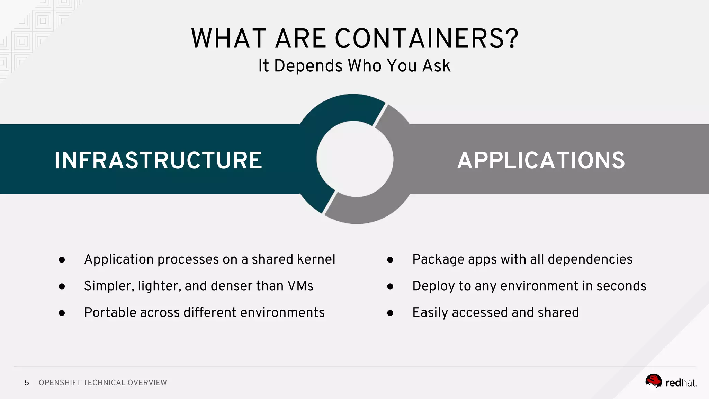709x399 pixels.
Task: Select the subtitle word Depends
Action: coord(308,66)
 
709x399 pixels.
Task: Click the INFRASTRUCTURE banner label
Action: coord(159,160)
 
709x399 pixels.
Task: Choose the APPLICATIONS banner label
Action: coord(541,160)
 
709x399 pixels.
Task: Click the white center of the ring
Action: coord(355,159)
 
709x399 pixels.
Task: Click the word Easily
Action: coord(430,313)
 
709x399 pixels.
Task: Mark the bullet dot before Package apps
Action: coord(390,260)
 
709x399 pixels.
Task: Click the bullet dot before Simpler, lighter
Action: coord(62,286)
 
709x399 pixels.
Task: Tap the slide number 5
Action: coord(27,383)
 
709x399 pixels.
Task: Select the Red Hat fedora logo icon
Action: coord(653,381)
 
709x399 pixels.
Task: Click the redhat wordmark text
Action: coord(681,383)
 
